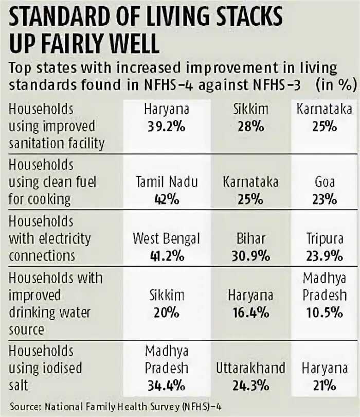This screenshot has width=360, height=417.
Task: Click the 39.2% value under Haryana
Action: coord(166,127)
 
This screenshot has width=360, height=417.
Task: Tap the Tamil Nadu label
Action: coord(166,182)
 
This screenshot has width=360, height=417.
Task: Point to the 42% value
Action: coord(166,199)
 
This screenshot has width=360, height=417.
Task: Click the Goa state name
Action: coord(325,182)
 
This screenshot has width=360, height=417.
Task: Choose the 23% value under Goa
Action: coord(325,199)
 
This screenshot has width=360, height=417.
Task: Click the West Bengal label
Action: coord(166,239)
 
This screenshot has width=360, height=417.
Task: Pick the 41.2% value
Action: coord(166,256)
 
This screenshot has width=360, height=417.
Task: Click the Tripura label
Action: coord(325,239)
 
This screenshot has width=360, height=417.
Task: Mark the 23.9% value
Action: coord(325,256)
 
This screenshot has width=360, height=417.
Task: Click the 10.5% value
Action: coord(325,312)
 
